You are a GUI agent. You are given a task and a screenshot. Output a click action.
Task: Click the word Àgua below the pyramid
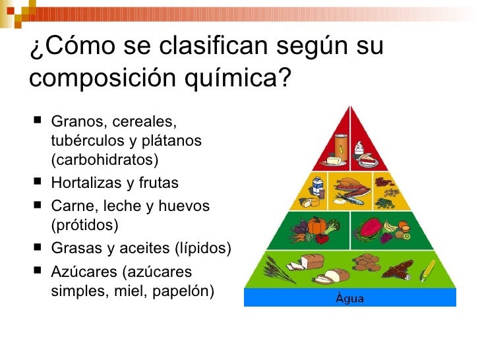(x=350, y=298)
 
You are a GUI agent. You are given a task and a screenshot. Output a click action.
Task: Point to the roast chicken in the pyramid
(x=345, y=184)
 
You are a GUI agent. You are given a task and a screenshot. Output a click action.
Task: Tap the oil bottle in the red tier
(x=342, y=143)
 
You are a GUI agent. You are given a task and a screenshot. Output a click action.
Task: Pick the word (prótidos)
(x=84, y=225)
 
